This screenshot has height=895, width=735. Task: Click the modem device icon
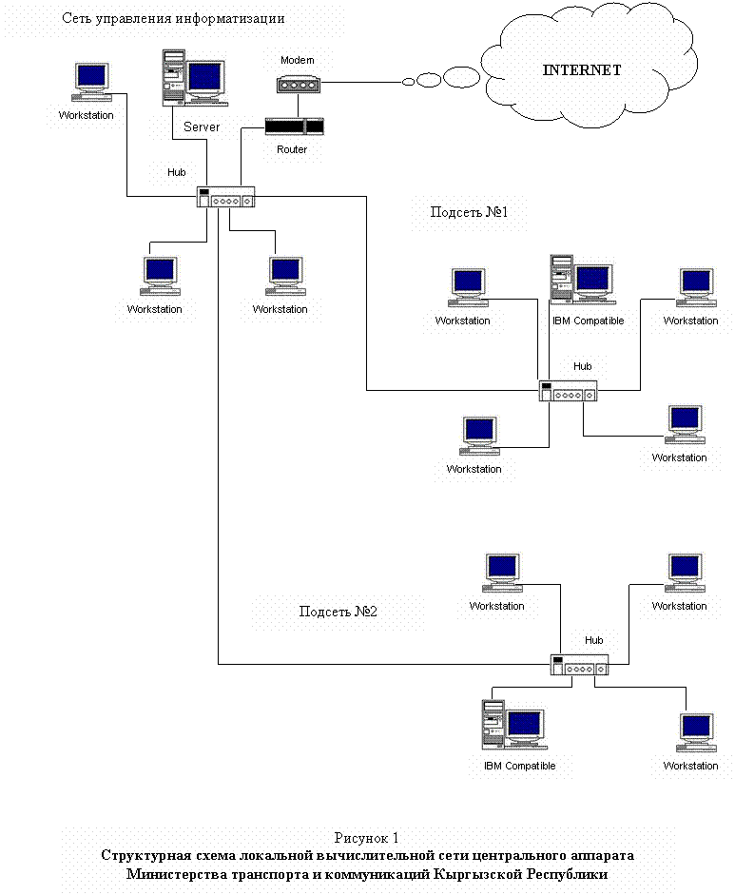[299, 85]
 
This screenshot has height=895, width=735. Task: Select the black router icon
[295, 126]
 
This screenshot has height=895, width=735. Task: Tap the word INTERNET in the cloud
[582, 70]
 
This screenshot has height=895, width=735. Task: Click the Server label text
[202, 126]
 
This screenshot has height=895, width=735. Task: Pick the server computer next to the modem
[195, 78]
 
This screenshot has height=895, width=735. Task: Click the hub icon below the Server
[226, 197]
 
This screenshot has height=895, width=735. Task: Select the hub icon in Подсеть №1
[569, 391]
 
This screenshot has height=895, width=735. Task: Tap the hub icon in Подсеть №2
[580, 665]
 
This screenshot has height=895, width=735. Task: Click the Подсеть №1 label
[469, 212]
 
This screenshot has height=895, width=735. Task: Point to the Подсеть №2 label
[338, 612]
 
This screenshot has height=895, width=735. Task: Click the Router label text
[292, 149]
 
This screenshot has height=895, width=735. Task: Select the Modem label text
[298, 60]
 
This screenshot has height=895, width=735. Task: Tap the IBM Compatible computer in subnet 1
[583, 279]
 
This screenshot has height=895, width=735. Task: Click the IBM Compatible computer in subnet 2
[514, 725]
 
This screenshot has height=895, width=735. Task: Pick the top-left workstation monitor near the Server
[92, 82]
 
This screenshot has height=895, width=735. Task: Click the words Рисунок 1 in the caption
[366, 838]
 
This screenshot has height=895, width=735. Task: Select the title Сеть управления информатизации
[173, 18]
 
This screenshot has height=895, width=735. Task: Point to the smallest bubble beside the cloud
[409, 82]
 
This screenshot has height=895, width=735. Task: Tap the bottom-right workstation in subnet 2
[697, 733]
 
